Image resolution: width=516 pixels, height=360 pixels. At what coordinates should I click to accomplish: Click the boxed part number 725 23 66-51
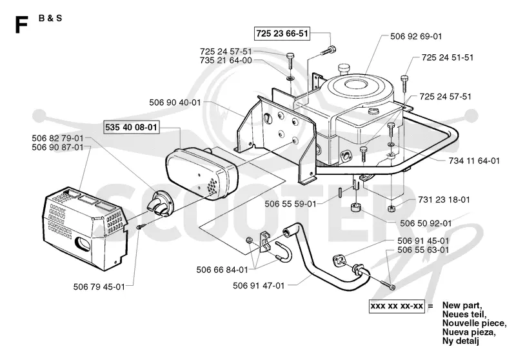[x=282, y=34]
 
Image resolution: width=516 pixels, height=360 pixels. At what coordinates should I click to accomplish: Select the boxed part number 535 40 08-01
[x=131, y=127]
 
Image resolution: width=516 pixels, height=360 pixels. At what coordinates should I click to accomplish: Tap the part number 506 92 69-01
[x=416, y=36]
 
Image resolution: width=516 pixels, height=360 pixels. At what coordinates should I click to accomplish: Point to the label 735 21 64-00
[x=226, y=61]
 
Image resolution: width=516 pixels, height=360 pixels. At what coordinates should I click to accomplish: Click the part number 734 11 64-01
[x=474, y=161]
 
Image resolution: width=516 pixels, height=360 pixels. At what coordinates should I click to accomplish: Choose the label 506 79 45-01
[x=99, y=287]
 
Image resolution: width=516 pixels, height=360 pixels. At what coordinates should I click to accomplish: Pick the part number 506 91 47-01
[x=259, y=286]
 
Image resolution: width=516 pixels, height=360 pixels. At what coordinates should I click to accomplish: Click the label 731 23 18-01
[x=444, y=200]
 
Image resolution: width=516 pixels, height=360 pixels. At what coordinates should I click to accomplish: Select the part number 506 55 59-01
[x=290, y=204]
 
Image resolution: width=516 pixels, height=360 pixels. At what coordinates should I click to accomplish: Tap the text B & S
[x=50, y=18]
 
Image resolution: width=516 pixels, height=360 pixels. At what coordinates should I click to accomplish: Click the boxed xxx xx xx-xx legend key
[x=397, y=306]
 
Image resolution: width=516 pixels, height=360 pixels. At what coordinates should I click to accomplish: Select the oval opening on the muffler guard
[x=84, y=243]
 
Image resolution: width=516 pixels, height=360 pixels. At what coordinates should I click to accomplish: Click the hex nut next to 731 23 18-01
[x=391, y=208]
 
